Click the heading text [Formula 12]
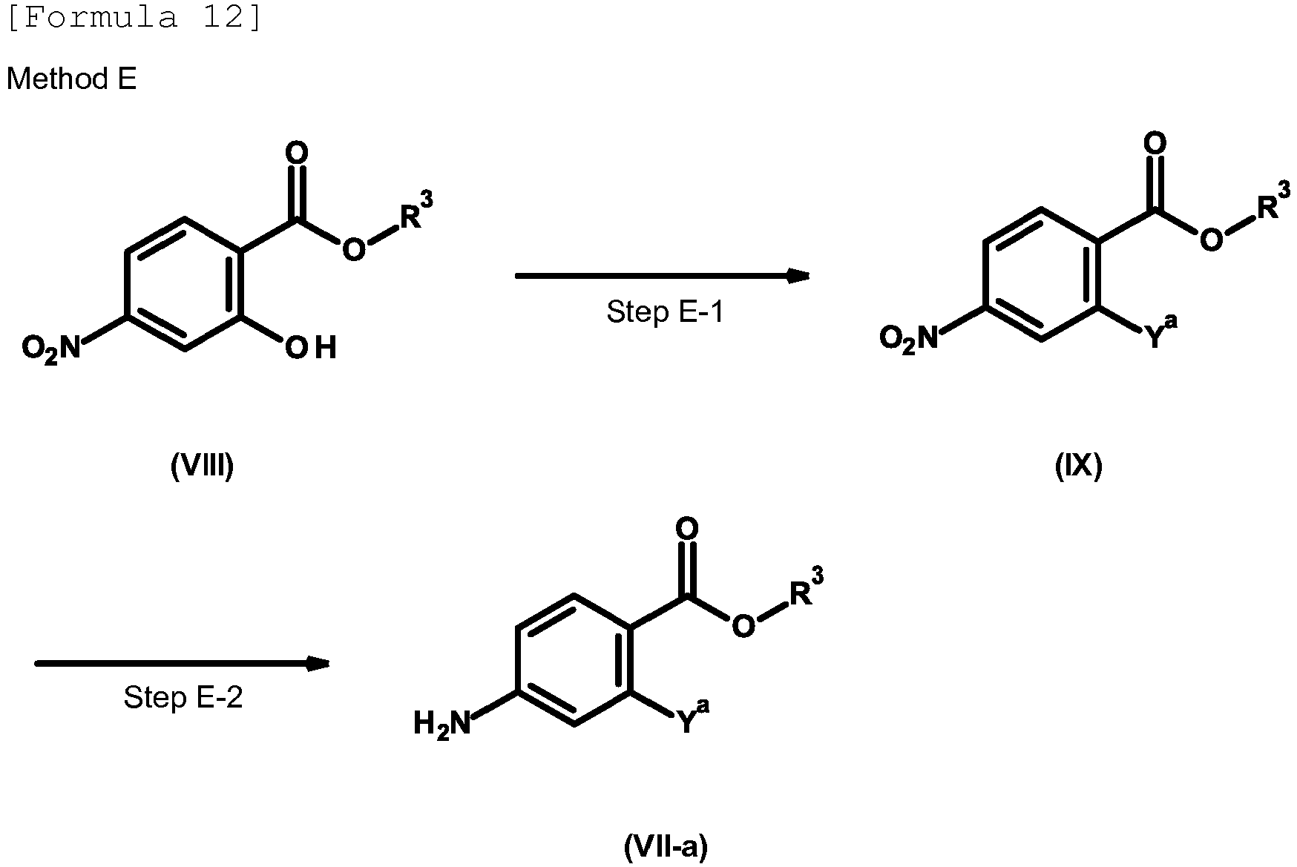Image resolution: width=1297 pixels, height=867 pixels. (134, 16)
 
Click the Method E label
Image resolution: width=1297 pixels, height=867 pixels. (72, 79)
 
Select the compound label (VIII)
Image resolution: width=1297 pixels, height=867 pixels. (202, 466)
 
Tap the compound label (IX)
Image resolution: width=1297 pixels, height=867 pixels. (1078, 466)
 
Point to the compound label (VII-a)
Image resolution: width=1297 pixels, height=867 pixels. (666, 846)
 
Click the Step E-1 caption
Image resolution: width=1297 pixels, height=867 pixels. (664, 311)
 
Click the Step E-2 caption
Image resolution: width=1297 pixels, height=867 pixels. (183, 697)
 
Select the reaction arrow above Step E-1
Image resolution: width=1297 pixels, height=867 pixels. (662, 276)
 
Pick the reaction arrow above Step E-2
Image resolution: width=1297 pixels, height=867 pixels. (183, 663)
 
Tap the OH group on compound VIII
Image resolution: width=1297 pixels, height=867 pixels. (311, 347)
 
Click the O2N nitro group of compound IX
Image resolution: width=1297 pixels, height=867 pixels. (908, 339)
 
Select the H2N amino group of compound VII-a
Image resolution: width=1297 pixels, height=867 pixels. (443, 723)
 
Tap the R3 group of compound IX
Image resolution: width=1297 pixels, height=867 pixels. (1274, 202)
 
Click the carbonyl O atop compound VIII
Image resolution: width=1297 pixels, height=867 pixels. (297, 154)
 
